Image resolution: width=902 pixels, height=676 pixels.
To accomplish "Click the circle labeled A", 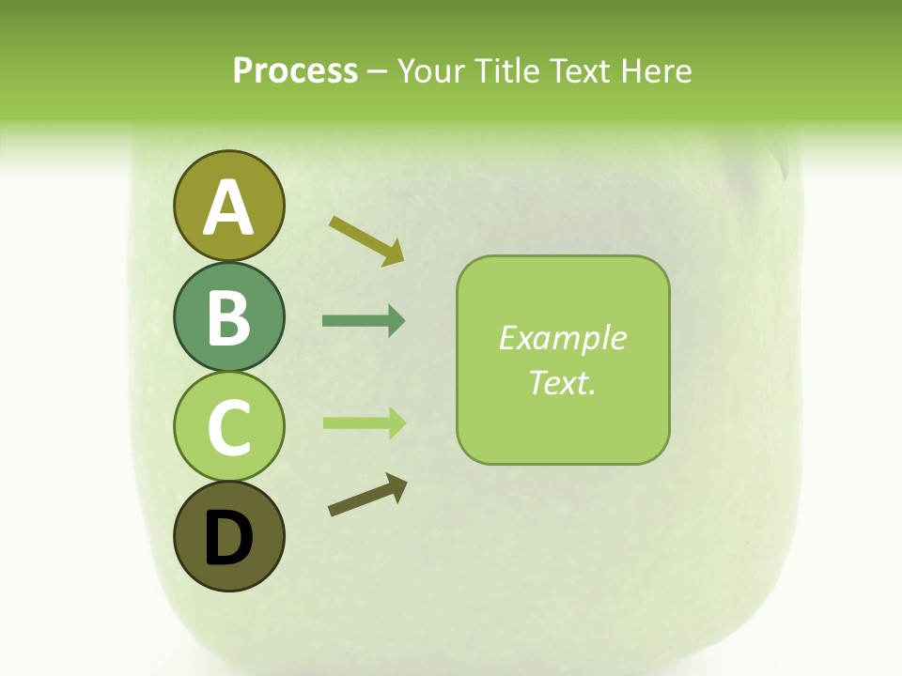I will (228, 206).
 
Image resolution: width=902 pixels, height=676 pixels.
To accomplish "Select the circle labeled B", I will (228, 316).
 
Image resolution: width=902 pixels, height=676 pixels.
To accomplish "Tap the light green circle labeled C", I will (228, 426).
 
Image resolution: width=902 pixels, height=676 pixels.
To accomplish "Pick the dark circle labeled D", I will (228, 536).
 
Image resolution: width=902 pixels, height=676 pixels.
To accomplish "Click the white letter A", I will (228, 207).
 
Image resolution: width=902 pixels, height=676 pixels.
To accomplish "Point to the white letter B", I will (228, 317).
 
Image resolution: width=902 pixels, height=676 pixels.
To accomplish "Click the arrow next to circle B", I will (364, 321).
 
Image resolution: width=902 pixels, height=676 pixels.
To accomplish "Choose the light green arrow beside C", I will (364, 422).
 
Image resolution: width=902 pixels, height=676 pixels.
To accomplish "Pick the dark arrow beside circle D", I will (367, 496).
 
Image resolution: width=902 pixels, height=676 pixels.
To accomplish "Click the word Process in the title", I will (295, 71).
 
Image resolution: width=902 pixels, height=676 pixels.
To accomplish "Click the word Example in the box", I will (562, 338).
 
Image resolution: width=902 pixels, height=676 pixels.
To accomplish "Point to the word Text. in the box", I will (562, 382).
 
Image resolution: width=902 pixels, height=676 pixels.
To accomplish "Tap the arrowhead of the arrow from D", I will (398, 486).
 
